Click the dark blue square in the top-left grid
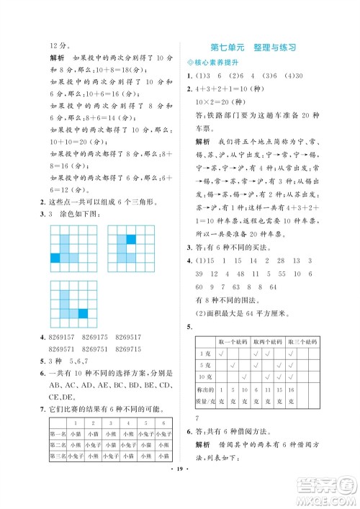pos(55,258)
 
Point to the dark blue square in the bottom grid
pos(82,312)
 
